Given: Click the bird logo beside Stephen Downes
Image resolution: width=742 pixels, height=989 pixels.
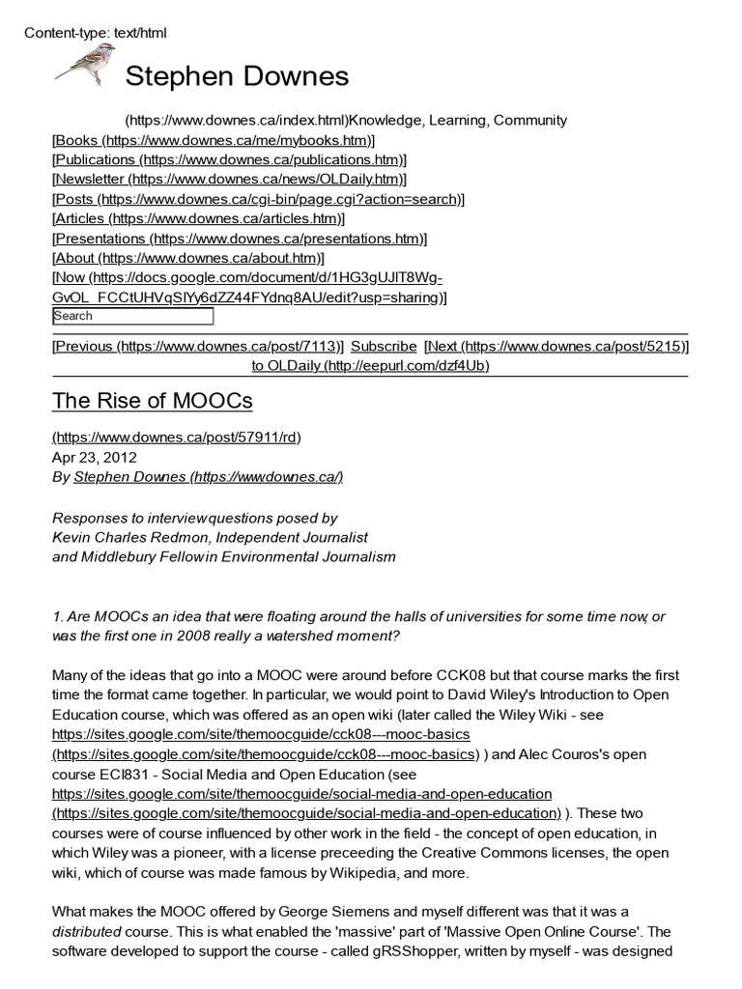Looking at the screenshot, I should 84,67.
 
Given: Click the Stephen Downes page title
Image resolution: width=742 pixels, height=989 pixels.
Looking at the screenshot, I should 237,76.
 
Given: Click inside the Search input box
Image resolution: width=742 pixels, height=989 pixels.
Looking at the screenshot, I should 132,316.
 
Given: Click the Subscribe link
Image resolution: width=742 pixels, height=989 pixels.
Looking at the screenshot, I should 384,346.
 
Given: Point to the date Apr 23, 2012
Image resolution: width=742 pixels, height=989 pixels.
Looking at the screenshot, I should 95,457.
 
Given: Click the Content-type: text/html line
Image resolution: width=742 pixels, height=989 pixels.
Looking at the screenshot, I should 95,33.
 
